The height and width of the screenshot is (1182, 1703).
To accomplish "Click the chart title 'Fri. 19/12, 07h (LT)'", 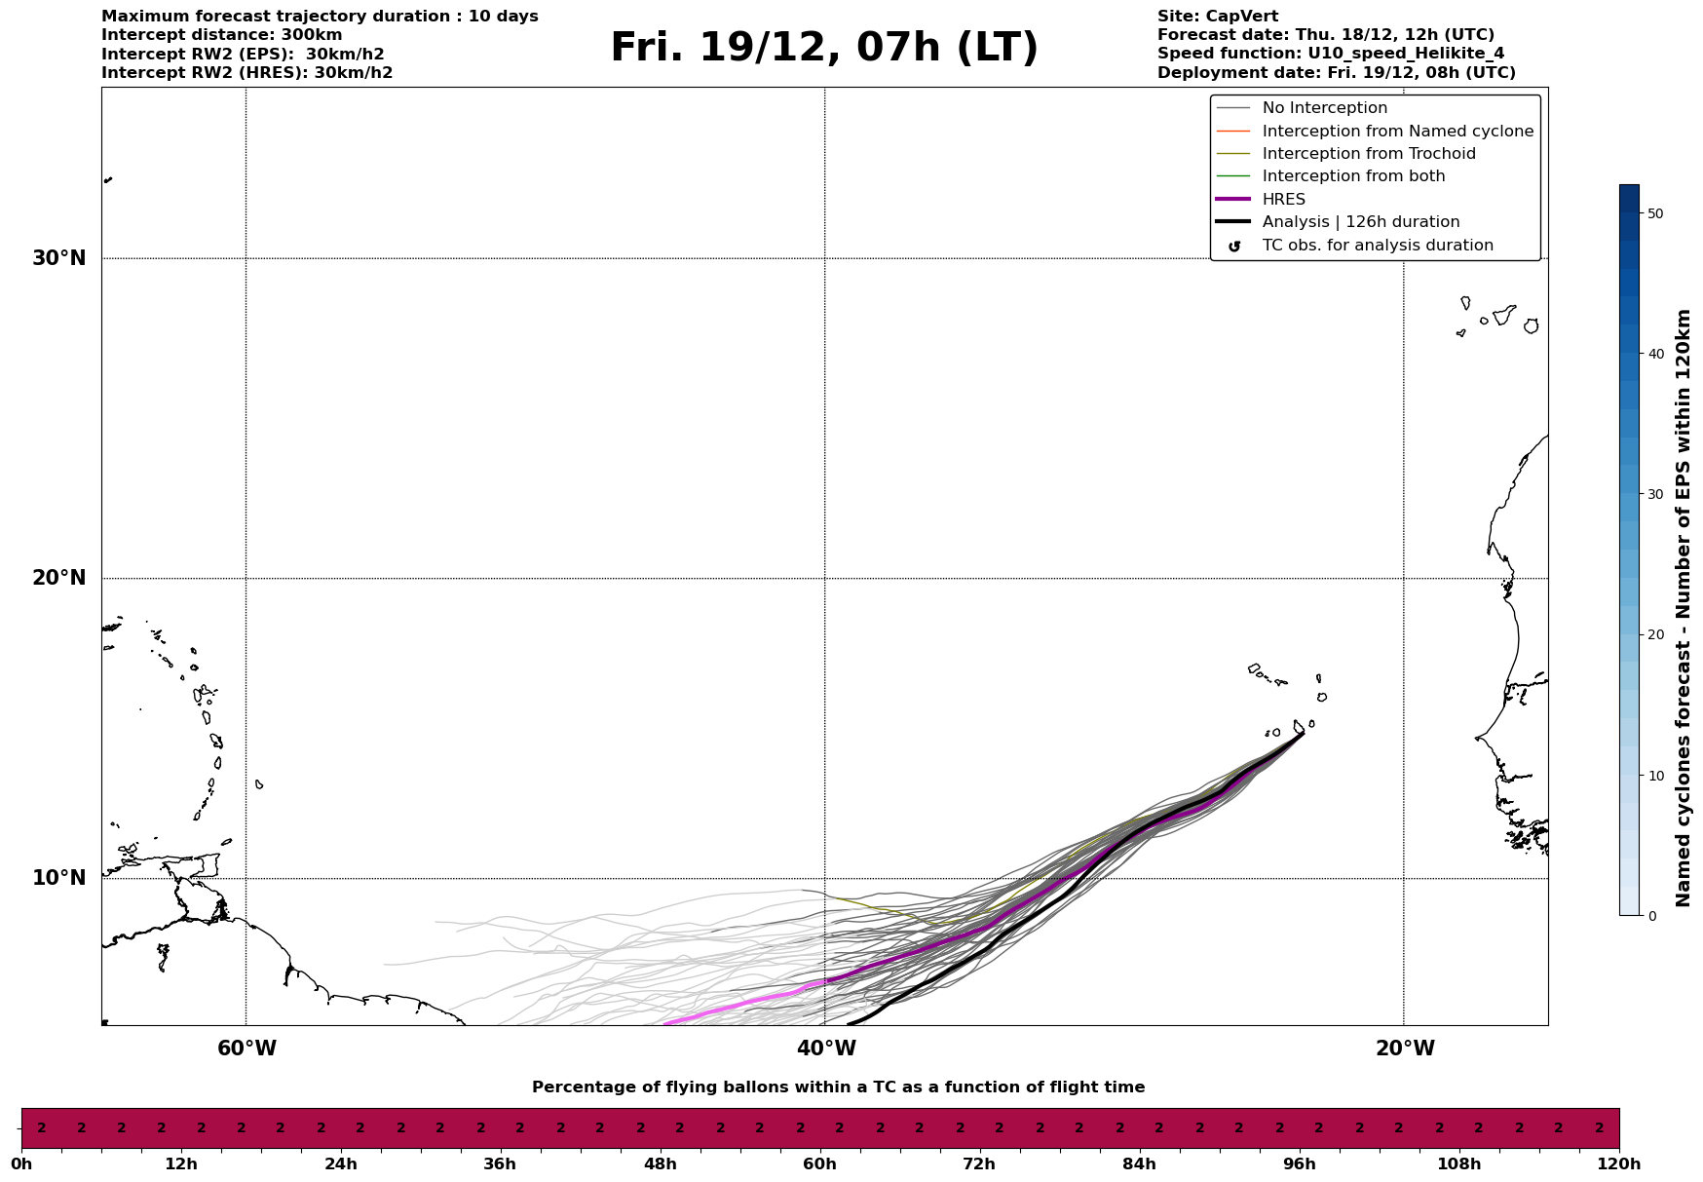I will coord(824,48).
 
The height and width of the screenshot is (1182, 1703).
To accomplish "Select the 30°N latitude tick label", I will coord(59,258).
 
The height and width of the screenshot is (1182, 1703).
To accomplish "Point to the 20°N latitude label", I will coord(59,578).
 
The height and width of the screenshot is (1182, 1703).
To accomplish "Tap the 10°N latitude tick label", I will coord(59,878).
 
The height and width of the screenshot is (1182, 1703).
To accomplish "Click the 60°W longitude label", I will coord(246,1049).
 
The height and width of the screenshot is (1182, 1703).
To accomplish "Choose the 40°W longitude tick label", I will coord(826,1049).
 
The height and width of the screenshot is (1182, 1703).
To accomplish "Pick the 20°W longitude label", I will coord(1405,1049).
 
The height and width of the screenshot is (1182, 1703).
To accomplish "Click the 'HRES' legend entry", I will coord(1283,200).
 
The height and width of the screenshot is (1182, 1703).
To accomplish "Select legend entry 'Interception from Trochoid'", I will coord(1368,154).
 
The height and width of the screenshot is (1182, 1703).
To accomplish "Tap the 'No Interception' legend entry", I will coord(1324,108).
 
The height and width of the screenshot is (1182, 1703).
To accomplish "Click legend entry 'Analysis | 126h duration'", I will coord(1360,222).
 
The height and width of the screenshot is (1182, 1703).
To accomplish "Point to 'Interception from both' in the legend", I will coord(1353,176).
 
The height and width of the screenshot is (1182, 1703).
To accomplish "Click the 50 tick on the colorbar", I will coord(1655,213).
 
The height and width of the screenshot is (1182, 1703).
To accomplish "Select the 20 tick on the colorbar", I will coord(1655,635).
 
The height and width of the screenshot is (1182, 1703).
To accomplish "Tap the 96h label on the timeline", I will coord(1299,1164).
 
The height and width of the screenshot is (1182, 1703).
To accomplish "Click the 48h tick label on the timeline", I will coord(660,1164).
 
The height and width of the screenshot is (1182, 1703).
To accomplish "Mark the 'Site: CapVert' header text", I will coord(1218,17).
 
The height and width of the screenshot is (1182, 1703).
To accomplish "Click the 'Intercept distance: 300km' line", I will coord(221,35).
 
